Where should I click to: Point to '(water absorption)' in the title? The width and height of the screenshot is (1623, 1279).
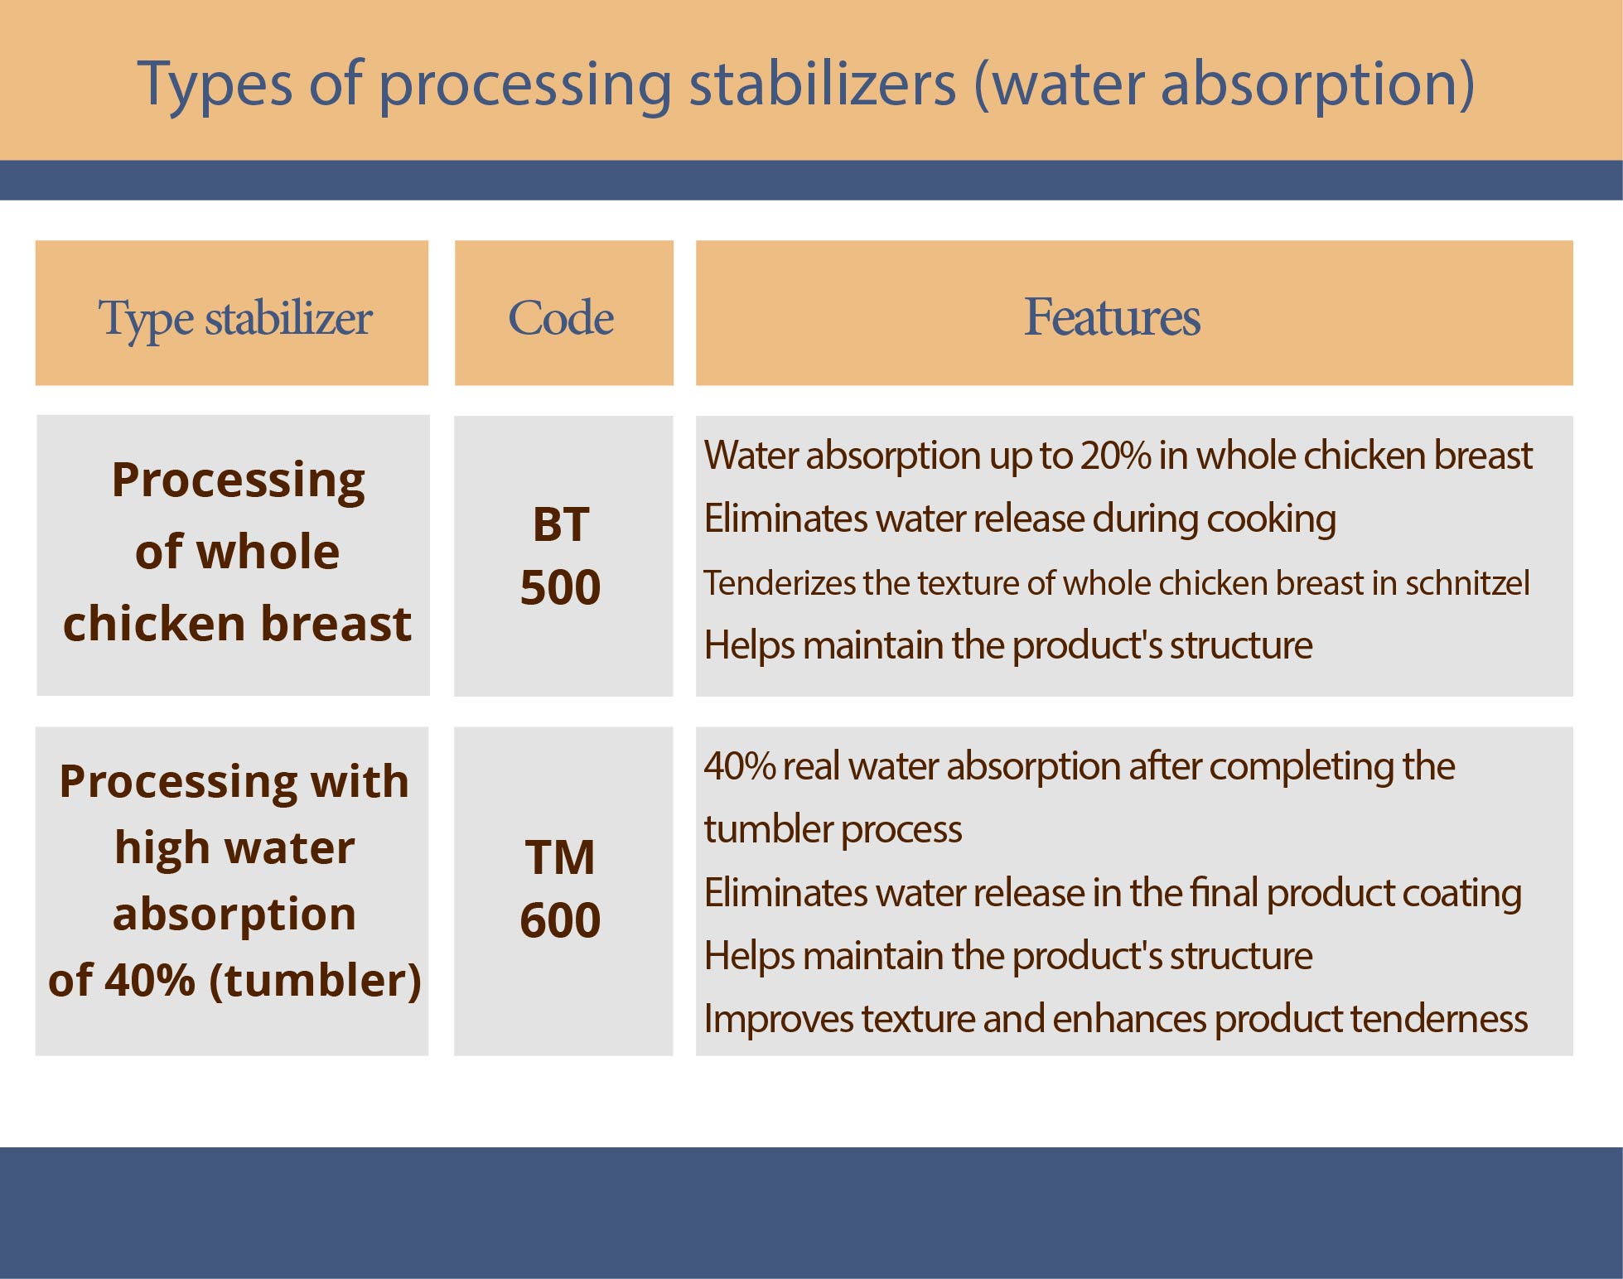click(1224, 84)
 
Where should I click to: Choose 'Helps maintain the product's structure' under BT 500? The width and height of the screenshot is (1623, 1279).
click(1008, 645)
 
